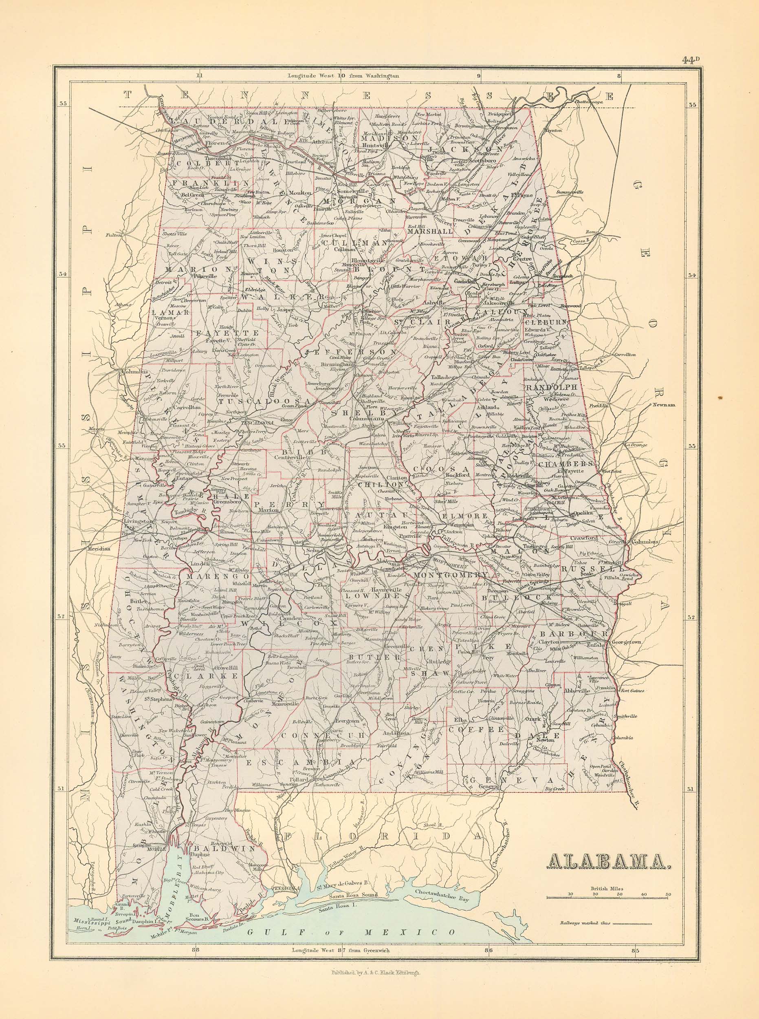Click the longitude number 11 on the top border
(199, 77)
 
